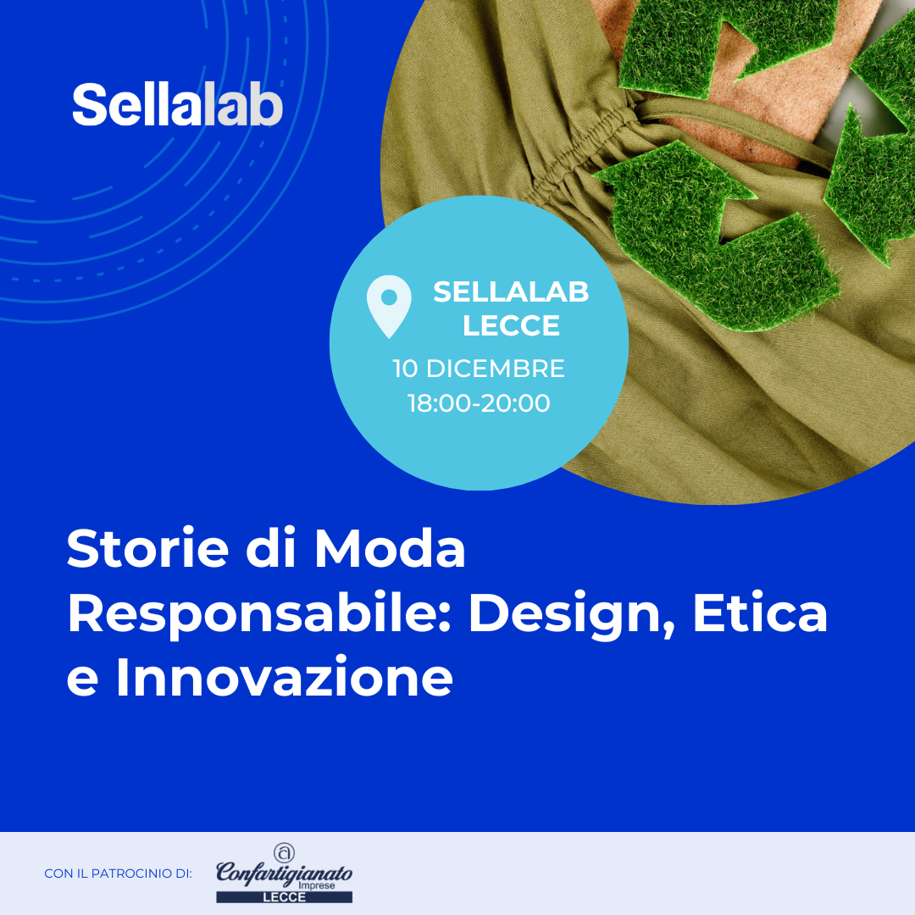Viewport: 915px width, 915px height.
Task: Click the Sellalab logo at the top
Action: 177,105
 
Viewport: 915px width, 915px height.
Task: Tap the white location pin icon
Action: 389,307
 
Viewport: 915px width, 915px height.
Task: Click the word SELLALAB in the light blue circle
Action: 511,291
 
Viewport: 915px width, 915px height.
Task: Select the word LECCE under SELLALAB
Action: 511,325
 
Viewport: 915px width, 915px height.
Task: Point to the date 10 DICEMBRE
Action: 479,369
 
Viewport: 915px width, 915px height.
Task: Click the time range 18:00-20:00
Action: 479,403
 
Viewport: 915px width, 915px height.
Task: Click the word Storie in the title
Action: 147,548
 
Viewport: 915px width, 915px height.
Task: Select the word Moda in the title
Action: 390,548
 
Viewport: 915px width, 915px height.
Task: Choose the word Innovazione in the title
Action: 284,677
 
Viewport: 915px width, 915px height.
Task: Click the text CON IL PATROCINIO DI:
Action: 118,873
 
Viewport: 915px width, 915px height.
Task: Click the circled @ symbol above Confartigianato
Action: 284,852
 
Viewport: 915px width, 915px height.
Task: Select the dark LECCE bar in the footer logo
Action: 284,897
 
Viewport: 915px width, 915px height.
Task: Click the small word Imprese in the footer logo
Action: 316,885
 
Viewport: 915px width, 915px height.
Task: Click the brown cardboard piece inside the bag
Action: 776,93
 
